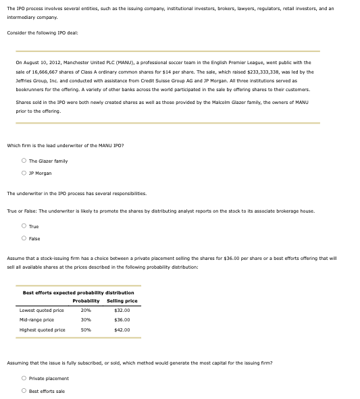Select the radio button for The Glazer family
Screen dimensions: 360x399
pyautogui.click(x=24, y=161)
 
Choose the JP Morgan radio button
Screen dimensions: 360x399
pyautogui.click(x=24, y=173)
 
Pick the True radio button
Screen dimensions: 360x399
pyautogui.click(x=24, y=226)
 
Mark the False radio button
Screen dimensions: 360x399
pyautogui.click(x=24, y=238)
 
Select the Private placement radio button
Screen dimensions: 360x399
pyautogui.click(x=24, y=379)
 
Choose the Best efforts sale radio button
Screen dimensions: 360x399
pyautogui.click(x=24, y=391)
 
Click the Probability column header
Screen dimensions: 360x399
pyautogui.click(x=86, y=300)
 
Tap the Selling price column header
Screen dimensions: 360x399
pyautogui.click(x=122, y=300)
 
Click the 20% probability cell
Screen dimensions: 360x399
pyautogui.click(x=86, y=311)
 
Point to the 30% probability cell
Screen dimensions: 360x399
pyautogui.click(x=86, y=320)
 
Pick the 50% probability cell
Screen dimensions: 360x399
pyautogui.click(x=86, y=330)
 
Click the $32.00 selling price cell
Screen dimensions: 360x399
pyautogui.click(x=122, y=311)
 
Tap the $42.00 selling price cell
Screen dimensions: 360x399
pyautogui.click(x=122, y=330)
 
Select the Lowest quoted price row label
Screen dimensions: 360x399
pyautogui.click(x=42, y=311)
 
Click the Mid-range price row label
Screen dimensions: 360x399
pyautogui.click(x=36, y=320)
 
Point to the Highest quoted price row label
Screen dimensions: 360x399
pyautogui.click(x=43, y=330)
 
